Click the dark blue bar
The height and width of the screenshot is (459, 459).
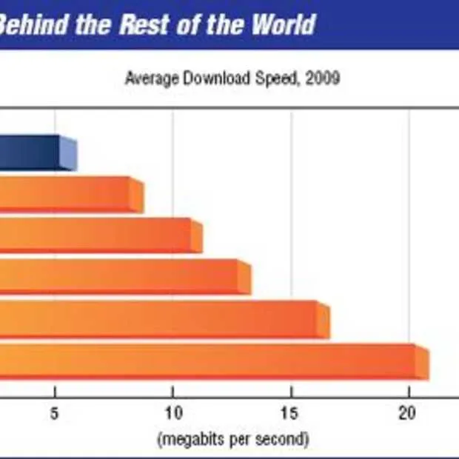tap(28, 152)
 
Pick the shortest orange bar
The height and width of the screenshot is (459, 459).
tap(67, 194)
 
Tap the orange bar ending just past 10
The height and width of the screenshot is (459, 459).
tap(96, 235)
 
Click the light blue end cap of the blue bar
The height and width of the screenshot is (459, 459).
tap(68, 153)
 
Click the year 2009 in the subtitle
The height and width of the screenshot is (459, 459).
tap(324, 78)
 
